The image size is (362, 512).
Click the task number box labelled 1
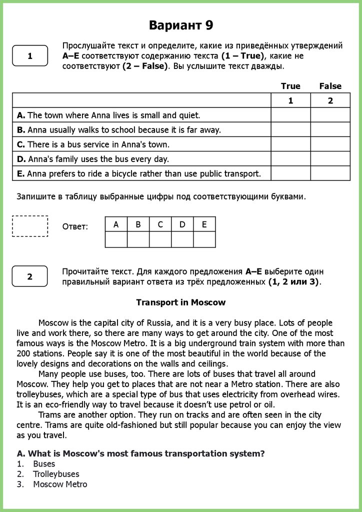point(30,56)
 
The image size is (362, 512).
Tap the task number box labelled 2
point(30,276)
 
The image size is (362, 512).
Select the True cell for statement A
point(290,115)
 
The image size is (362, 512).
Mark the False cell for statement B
point(330,129)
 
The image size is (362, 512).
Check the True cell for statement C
point(290,144)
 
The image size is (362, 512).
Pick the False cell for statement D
point(330,159)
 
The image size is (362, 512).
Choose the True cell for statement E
point(290,173)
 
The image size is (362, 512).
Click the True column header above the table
point(290,86)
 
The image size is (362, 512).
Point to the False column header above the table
point(330,86)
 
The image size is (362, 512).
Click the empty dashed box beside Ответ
point(30,226)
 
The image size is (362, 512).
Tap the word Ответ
point(75,227)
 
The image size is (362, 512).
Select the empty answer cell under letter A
point(116,240)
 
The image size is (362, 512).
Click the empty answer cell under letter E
point(204,240)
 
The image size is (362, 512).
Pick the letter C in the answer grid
point(160,224)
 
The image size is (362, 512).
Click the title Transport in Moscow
point(181,302)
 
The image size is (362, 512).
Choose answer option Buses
point(44,464)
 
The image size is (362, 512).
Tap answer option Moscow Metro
point(60,484)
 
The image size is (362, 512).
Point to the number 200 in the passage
point(23,353)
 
